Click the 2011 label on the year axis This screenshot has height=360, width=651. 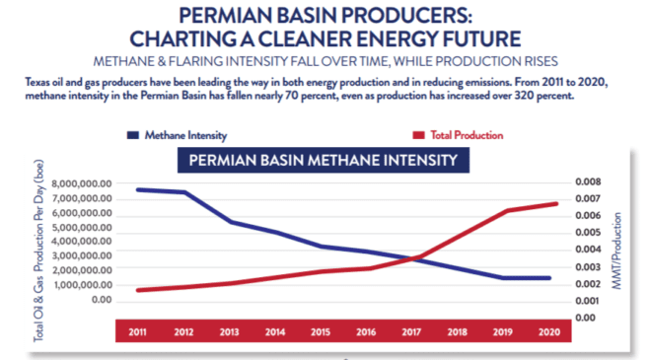[137, 332]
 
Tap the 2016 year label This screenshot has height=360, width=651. [366, 332]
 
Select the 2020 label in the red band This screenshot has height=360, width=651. [549, 332]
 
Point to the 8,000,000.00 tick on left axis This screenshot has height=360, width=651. [82, 183]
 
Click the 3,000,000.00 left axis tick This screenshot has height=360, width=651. [82, 255]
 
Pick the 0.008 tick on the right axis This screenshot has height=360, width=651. [588, 181]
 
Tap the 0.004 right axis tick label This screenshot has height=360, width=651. [588, 250]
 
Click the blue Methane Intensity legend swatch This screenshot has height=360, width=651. [133, 135]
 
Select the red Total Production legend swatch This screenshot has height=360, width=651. [418, 135]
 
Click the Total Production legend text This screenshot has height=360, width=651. [467, 135]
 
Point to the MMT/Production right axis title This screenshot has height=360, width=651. [616, 251]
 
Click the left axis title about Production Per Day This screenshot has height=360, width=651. [38, 251]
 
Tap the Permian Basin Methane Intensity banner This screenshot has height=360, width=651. [324, 161]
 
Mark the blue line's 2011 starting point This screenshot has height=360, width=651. [138, 189]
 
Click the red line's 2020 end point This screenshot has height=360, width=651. [556, 204]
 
